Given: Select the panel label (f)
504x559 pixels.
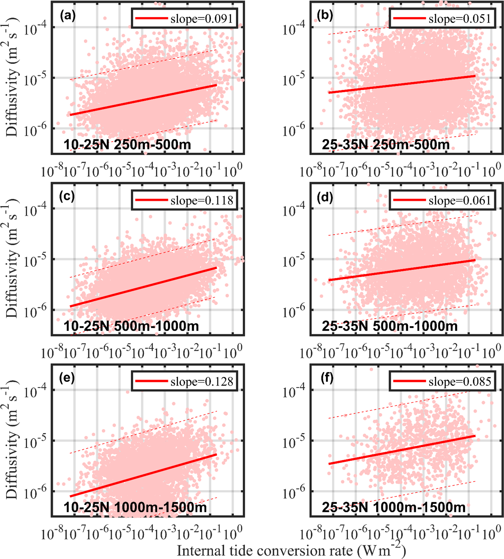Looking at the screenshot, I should click(326, 378).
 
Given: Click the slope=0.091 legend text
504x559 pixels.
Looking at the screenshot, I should click(202, 19).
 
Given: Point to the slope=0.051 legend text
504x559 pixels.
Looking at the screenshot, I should click(460, 19).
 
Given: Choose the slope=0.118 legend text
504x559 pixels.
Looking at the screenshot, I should click(202, 200).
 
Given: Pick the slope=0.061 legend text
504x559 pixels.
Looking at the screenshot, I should click(460, 200).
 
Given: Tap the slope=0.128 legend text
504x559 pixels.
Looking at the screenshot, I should click(202, 382).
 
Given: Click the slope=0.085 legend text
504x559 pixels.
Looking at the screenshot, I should click(460, 382).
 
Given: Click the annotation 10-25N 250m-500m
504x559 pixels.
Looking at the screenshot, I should click(127, 145).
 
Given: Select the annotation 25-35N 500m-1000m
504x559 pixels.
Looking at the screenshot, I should click(390, 326).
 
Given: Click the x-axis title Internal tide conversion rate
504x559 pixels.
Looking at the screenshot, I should click(291, 550).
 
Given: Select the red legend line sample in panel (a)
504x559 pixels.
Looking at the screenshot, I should click(152, 18).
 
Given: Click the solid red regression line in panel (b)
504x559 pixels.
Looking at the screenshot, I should click(402, 84).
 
